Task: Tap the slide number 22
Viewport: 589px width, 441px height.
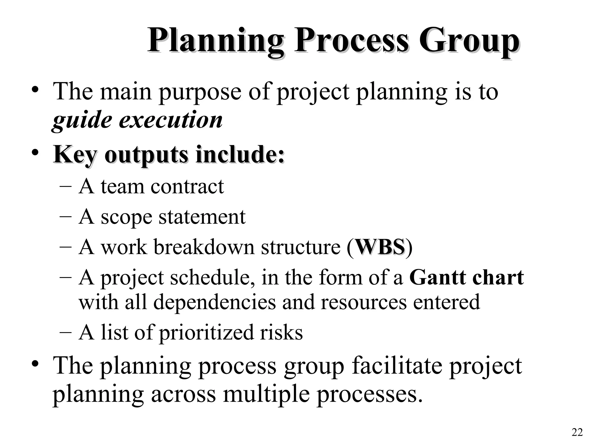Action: (577, 432)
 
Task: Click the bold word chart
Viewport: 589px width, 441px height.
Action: (498, 277)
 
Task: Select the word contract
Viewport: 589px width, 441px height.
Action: (187, 187)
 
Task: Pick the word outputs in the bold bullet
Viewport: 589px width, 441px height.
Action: (146, 155)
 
